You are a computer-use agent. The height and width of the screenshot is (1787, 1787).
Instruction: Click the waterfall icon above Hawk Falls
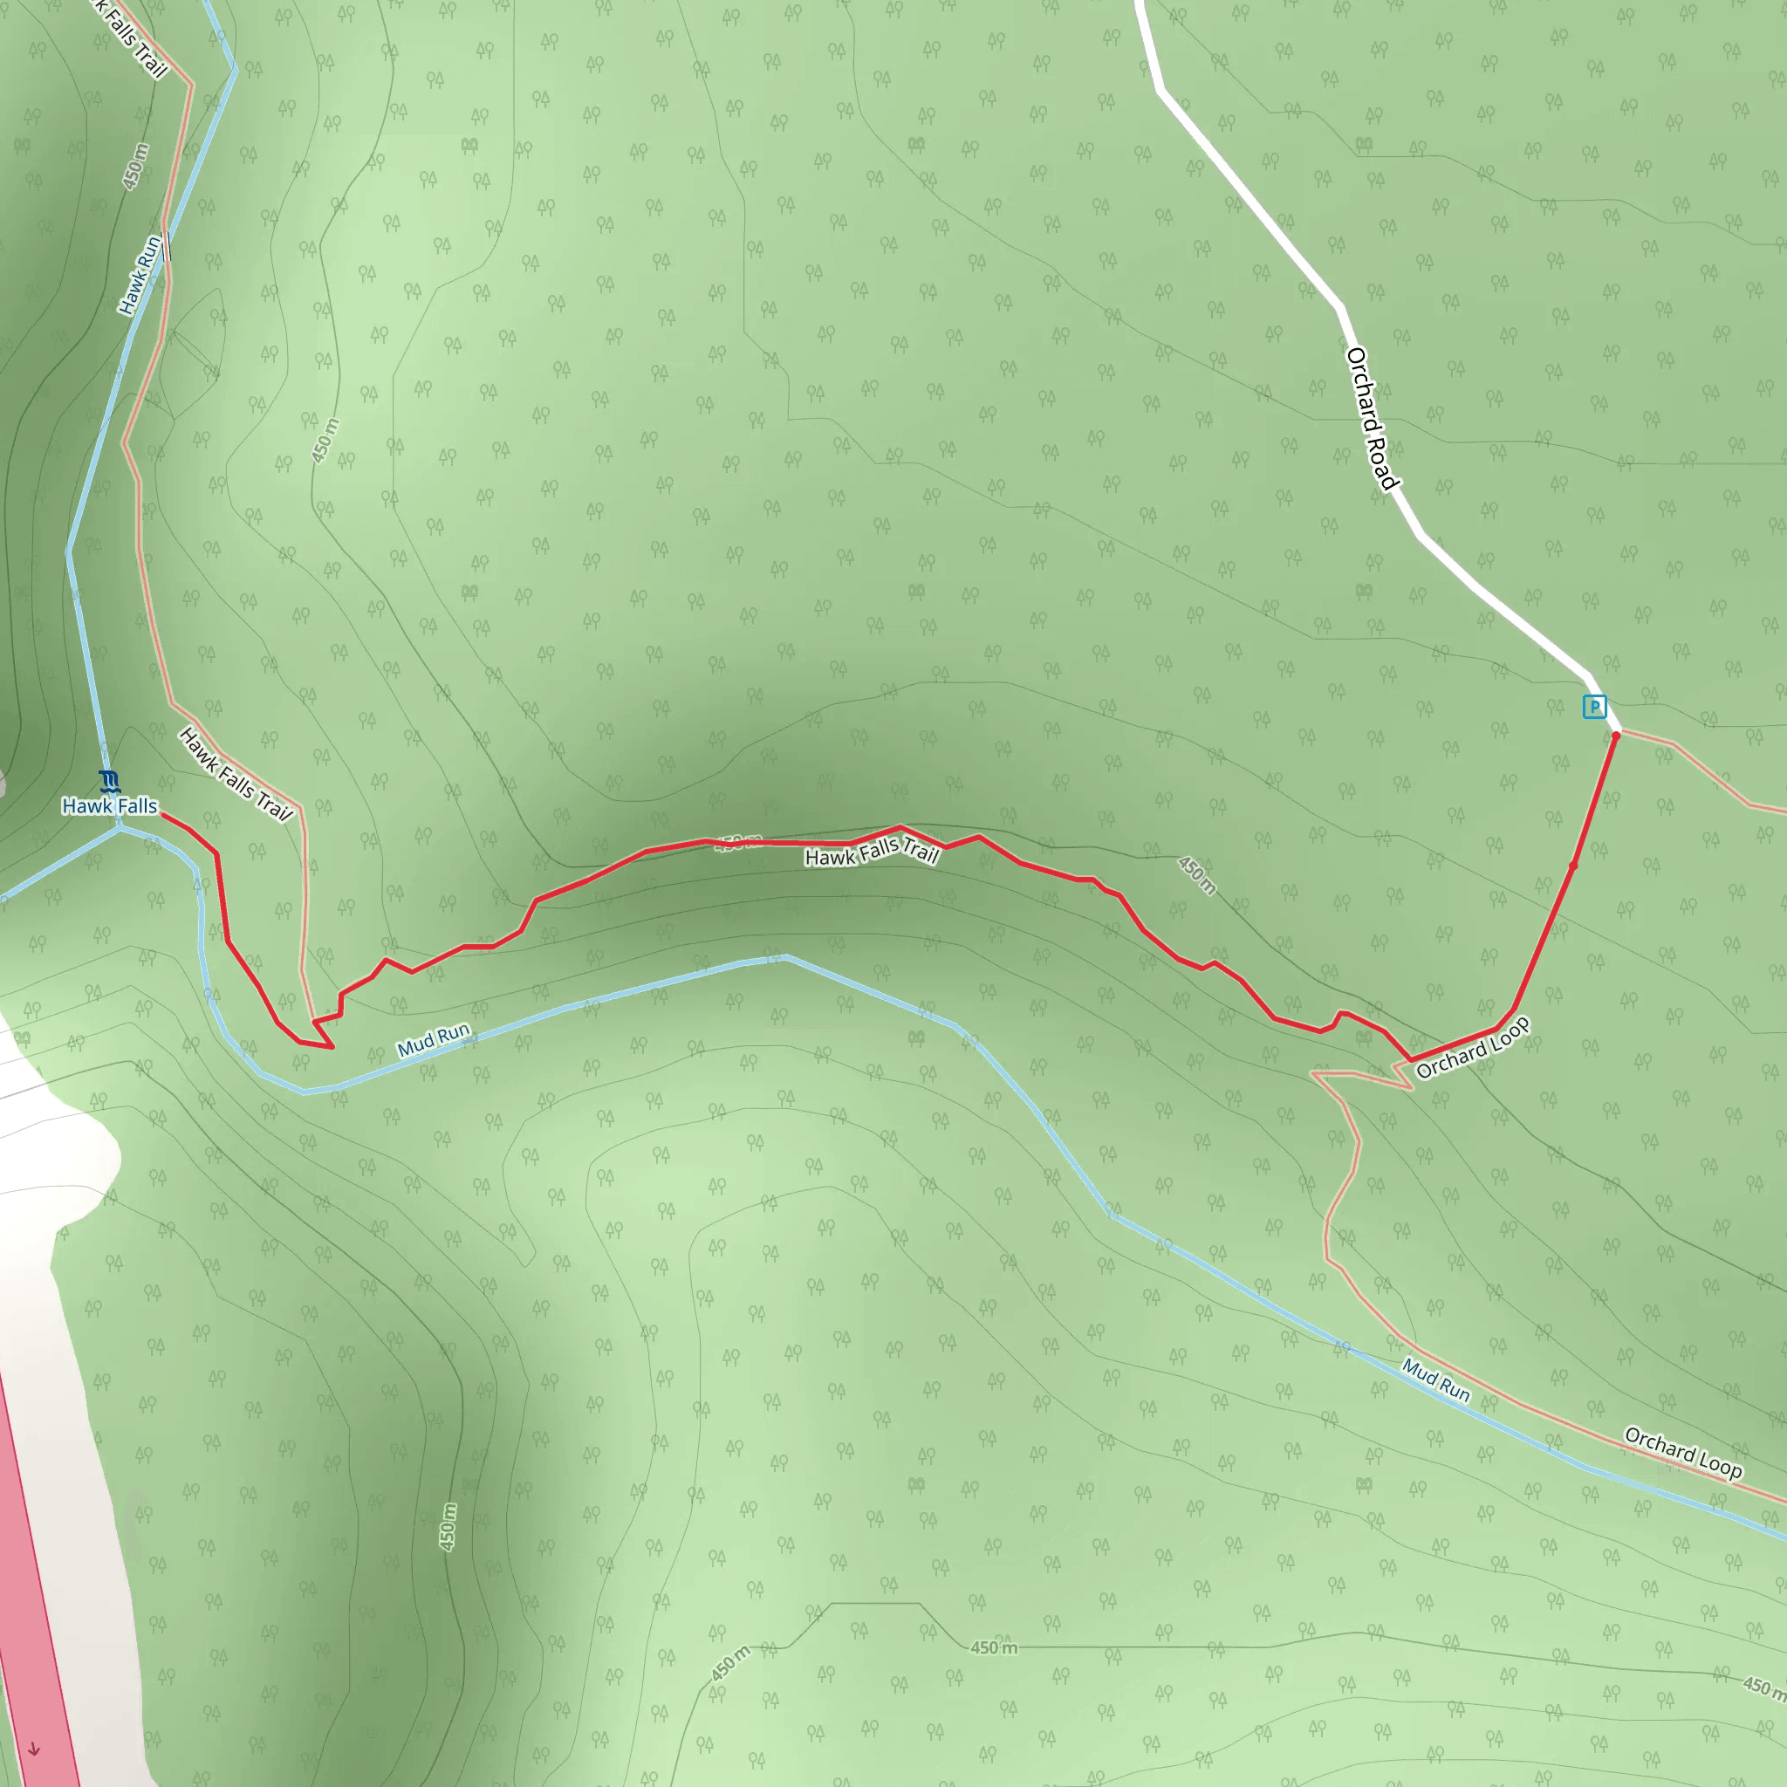point(109,782)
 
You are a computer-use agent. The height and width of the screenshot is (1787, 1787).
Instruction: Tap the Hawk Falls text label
point(109,806)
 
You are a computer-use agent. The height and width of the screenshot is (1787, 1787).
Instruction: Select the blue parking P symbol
point(1593,707)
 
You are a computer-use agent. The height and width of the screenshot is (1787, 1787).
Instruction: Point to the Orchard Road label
point(1372,419)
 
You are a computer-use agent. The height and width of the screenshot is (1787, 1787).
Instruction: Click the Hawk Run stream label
point(140,276)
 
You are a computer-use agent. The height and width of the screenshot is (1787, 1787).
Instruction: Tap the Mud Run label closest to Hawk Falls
point(434,1039)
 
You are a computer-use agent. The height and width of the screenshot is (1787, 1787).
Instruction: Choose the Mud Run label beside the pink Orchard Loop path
point(1435,1380)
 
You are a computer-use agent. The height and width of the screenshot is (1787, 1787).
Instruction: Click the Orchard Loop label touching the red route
point(1473,1048)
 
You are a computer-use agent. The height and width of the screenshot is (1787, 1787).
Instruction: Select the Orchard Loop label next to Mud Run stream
point(1683,1453)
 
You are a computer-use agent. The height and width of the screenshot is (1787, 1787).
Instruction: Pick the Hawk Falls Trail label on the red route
point(873,851)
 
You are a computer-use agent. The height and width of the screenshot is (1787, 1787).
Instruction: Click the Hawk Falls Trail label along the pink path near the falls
point(236,774)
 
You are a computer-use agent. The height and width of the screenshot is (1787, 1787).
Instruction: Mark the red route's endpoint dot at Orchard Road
point(1616,735)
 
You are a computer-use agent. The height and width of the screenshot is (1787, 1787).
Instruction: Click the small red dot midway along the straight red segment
point(1573,866)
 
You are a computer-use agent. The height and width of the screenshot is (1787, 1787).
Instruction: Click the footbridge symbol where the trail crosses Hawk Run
point(167,247)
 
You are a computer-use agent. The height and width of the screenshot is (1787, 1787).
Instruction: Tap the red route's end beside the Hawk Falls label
point(163,814)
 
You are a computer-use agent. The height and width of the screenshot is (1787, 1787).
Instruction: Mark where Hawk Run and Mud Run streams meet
point(120,827)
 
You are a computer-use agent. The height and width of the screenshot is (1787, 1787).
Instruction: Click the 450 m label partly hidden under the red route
point(738,843)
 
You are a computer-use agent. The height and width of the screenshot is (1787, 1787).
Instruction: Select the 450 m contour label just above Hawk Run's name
point(136,167)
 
